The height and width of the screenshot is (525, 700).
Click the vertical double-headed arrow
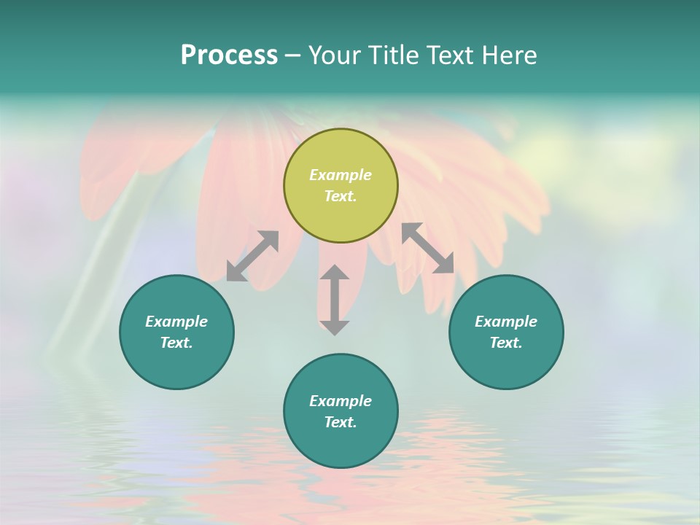335,300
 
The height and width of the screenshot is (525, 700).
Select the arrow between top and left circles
252,256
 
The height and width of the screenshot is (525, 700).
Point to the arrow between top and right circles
428,248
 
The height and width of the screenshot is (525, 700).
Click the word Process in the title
229,55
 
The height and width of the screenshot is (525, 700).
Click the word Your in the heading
335,55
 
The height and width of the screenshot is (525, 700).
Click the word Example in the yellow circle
341,175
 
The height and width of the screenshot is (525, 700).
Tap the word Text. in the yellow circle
341,196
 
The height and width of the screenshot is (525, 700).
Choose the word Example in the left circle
176,322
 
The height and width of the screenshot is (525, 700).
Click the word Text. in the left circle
176,343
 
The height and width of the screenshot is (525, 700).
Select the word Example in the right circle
506,322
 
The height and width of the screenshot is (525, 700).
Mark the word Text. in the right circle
506,343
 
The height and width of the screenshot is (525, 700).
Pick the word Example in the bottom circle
341,401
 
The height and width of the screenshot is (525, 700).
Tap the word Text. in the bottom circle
341,422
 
